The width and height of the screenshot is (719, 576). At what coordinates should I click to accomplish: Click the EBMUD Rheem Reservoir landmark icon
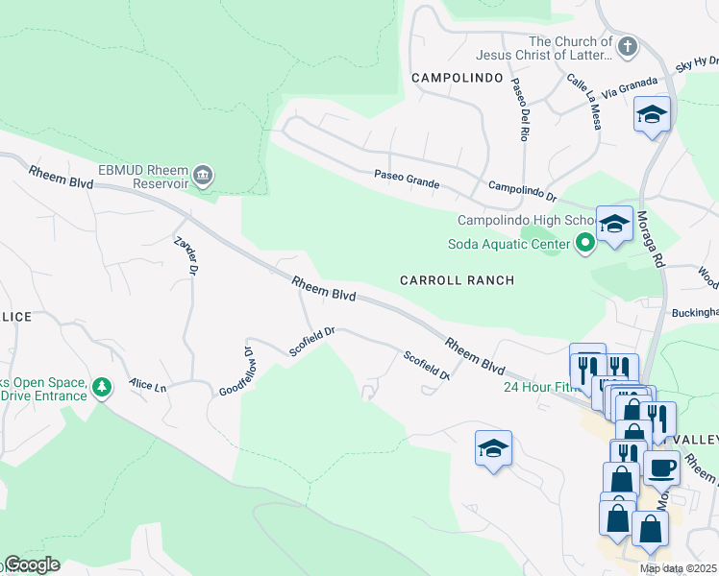pos(204,175)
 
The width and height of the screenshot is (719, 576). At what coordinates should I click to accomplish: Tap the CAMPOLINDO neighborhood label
pos(457,77)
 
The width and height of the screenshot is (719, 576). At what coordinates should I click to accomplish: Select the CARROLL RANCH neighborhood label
pos(457,280)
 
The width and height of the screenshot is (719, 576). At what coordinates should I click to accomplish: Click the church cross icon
pos(628,45)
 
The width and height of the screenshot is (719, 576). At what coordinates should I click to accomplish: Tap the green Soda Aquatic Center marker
pos(584,244)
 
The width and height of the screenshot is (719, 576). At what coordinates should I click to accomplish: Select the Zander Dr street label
pos(186,256)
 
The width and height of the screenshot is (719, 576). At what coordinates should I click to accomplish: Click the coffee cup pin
pos(661,468)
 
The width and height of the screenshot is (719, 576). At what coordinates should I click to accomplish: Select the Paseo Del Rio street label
pos(520,109)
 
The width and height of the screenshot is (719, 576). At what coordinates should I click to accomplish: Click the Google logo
pos(31,565)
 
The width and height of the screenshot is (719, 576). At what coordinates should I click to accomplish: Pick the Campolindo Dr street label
pos(523,191)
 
